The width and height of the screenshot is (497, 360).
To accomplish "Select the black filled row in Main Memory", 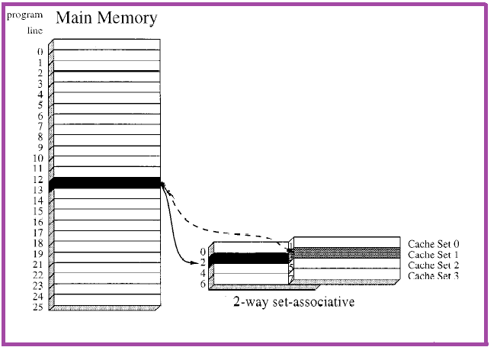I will click(x=106, y=183).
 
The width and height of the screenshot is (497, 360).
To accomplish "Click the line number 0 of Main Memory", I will click(x=40, y=52).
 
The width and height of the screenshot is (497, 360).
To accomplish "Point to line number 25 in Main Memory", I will click(x=37, y=307).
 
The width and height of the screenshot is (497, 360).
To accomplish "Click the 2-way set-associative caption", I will click(x=294, y=302).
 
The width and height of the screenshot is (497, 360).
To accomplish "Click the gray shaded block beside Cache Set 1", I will click(x=346, y=252).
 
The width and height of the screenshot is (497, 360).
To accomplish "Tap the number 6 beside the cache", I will click(x=203, y=284).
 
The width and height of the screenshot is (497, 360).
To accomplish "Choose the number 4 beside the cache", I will click(x=203, y=272).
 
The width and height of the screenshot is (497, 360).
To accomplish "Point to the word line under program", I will click(x=35, y=31).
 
